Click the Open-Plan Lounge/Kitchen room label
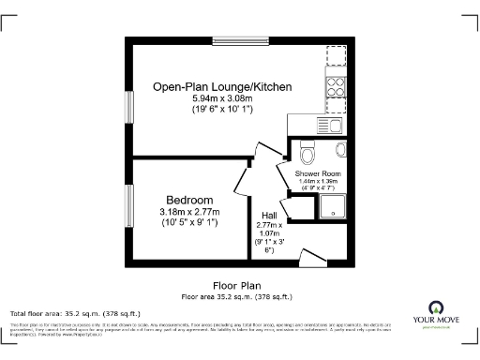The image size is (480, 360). tap(223, 87)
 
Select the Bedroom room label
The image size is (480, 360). tap(189, 201)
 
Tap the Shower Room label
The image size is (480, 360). tap(318, 174)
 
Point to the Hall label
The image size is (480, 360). tap(268, 215)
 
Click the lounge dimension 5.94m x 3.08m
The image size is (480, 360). tap(223, 98)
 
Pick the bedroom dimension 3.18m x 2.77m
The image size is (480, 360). tap(188, 213)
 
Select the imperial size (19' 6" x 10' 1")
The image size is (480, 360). tap(223, 110)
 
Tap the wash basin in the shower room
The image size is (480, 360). tap(341, 149)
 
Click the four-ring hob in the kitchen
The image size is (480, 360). tap(337, 88)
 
